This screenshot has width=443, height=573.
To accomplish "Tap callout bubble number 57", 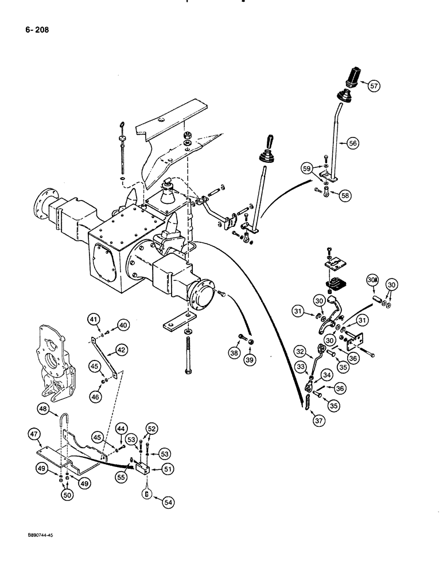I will coord(374,86).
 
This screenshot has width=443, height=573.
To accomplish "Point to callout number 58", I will coord(344,195).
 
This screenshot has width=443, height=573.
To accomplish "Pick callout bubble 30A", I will coord(372,280).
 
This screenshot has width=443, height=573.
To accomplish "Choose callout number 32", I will coord(300,351).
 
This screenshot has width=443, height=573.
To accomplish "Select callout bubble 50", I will coord(68,494).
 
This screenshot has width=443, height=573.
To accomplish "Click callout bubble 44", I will coord(121,429).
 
